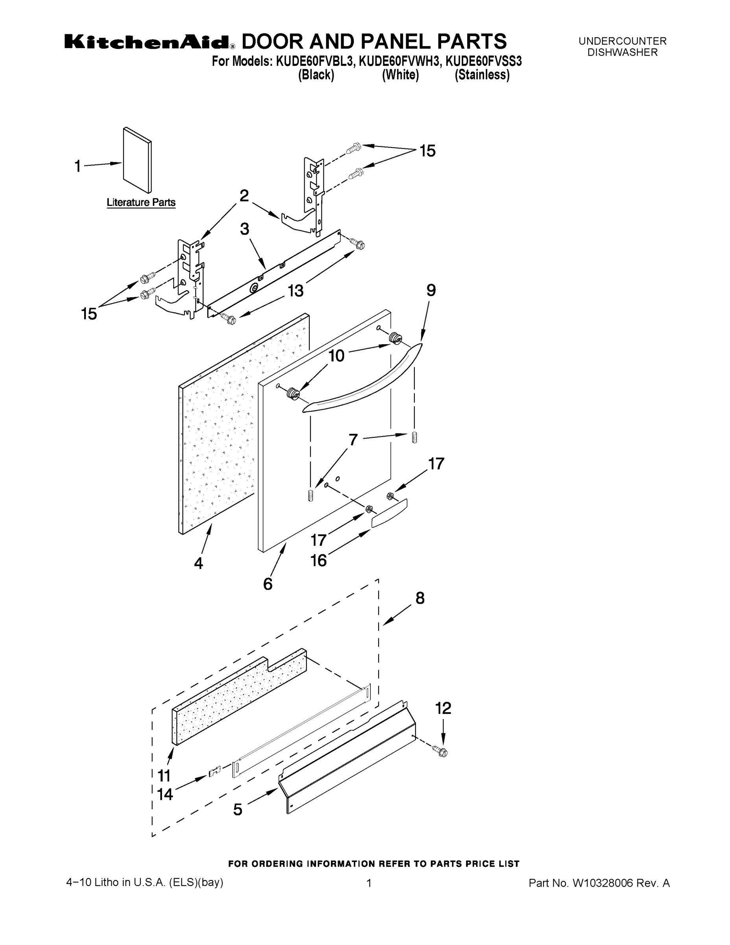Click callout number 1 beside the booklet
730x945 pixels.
(x=78, y=166)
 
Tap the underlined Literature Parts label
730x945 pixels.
(x=141, y=202)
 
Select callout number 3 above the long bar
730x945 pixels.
(x=245, y=229)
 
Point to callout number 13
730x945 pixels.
(x=296, y=291)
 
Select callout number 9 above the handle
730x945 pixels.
(x=431, y=290)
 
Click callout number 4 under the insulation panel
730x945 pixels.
(x=198, y=563)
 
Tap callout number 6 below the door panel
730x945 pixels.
(x=268, y=584)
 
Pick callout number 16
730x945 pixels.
(x=319, y=561)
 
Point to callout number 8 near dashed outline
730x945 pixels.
(x=420, y=598)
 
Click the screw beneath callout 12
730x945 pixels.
(x=442, y=752)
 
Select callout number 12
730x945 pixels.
(x=443, y=708)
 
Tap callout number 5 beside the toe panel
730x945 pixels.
(x=238, y=810)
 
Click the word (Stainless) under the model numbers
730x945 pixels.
(x=482, y=75)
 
